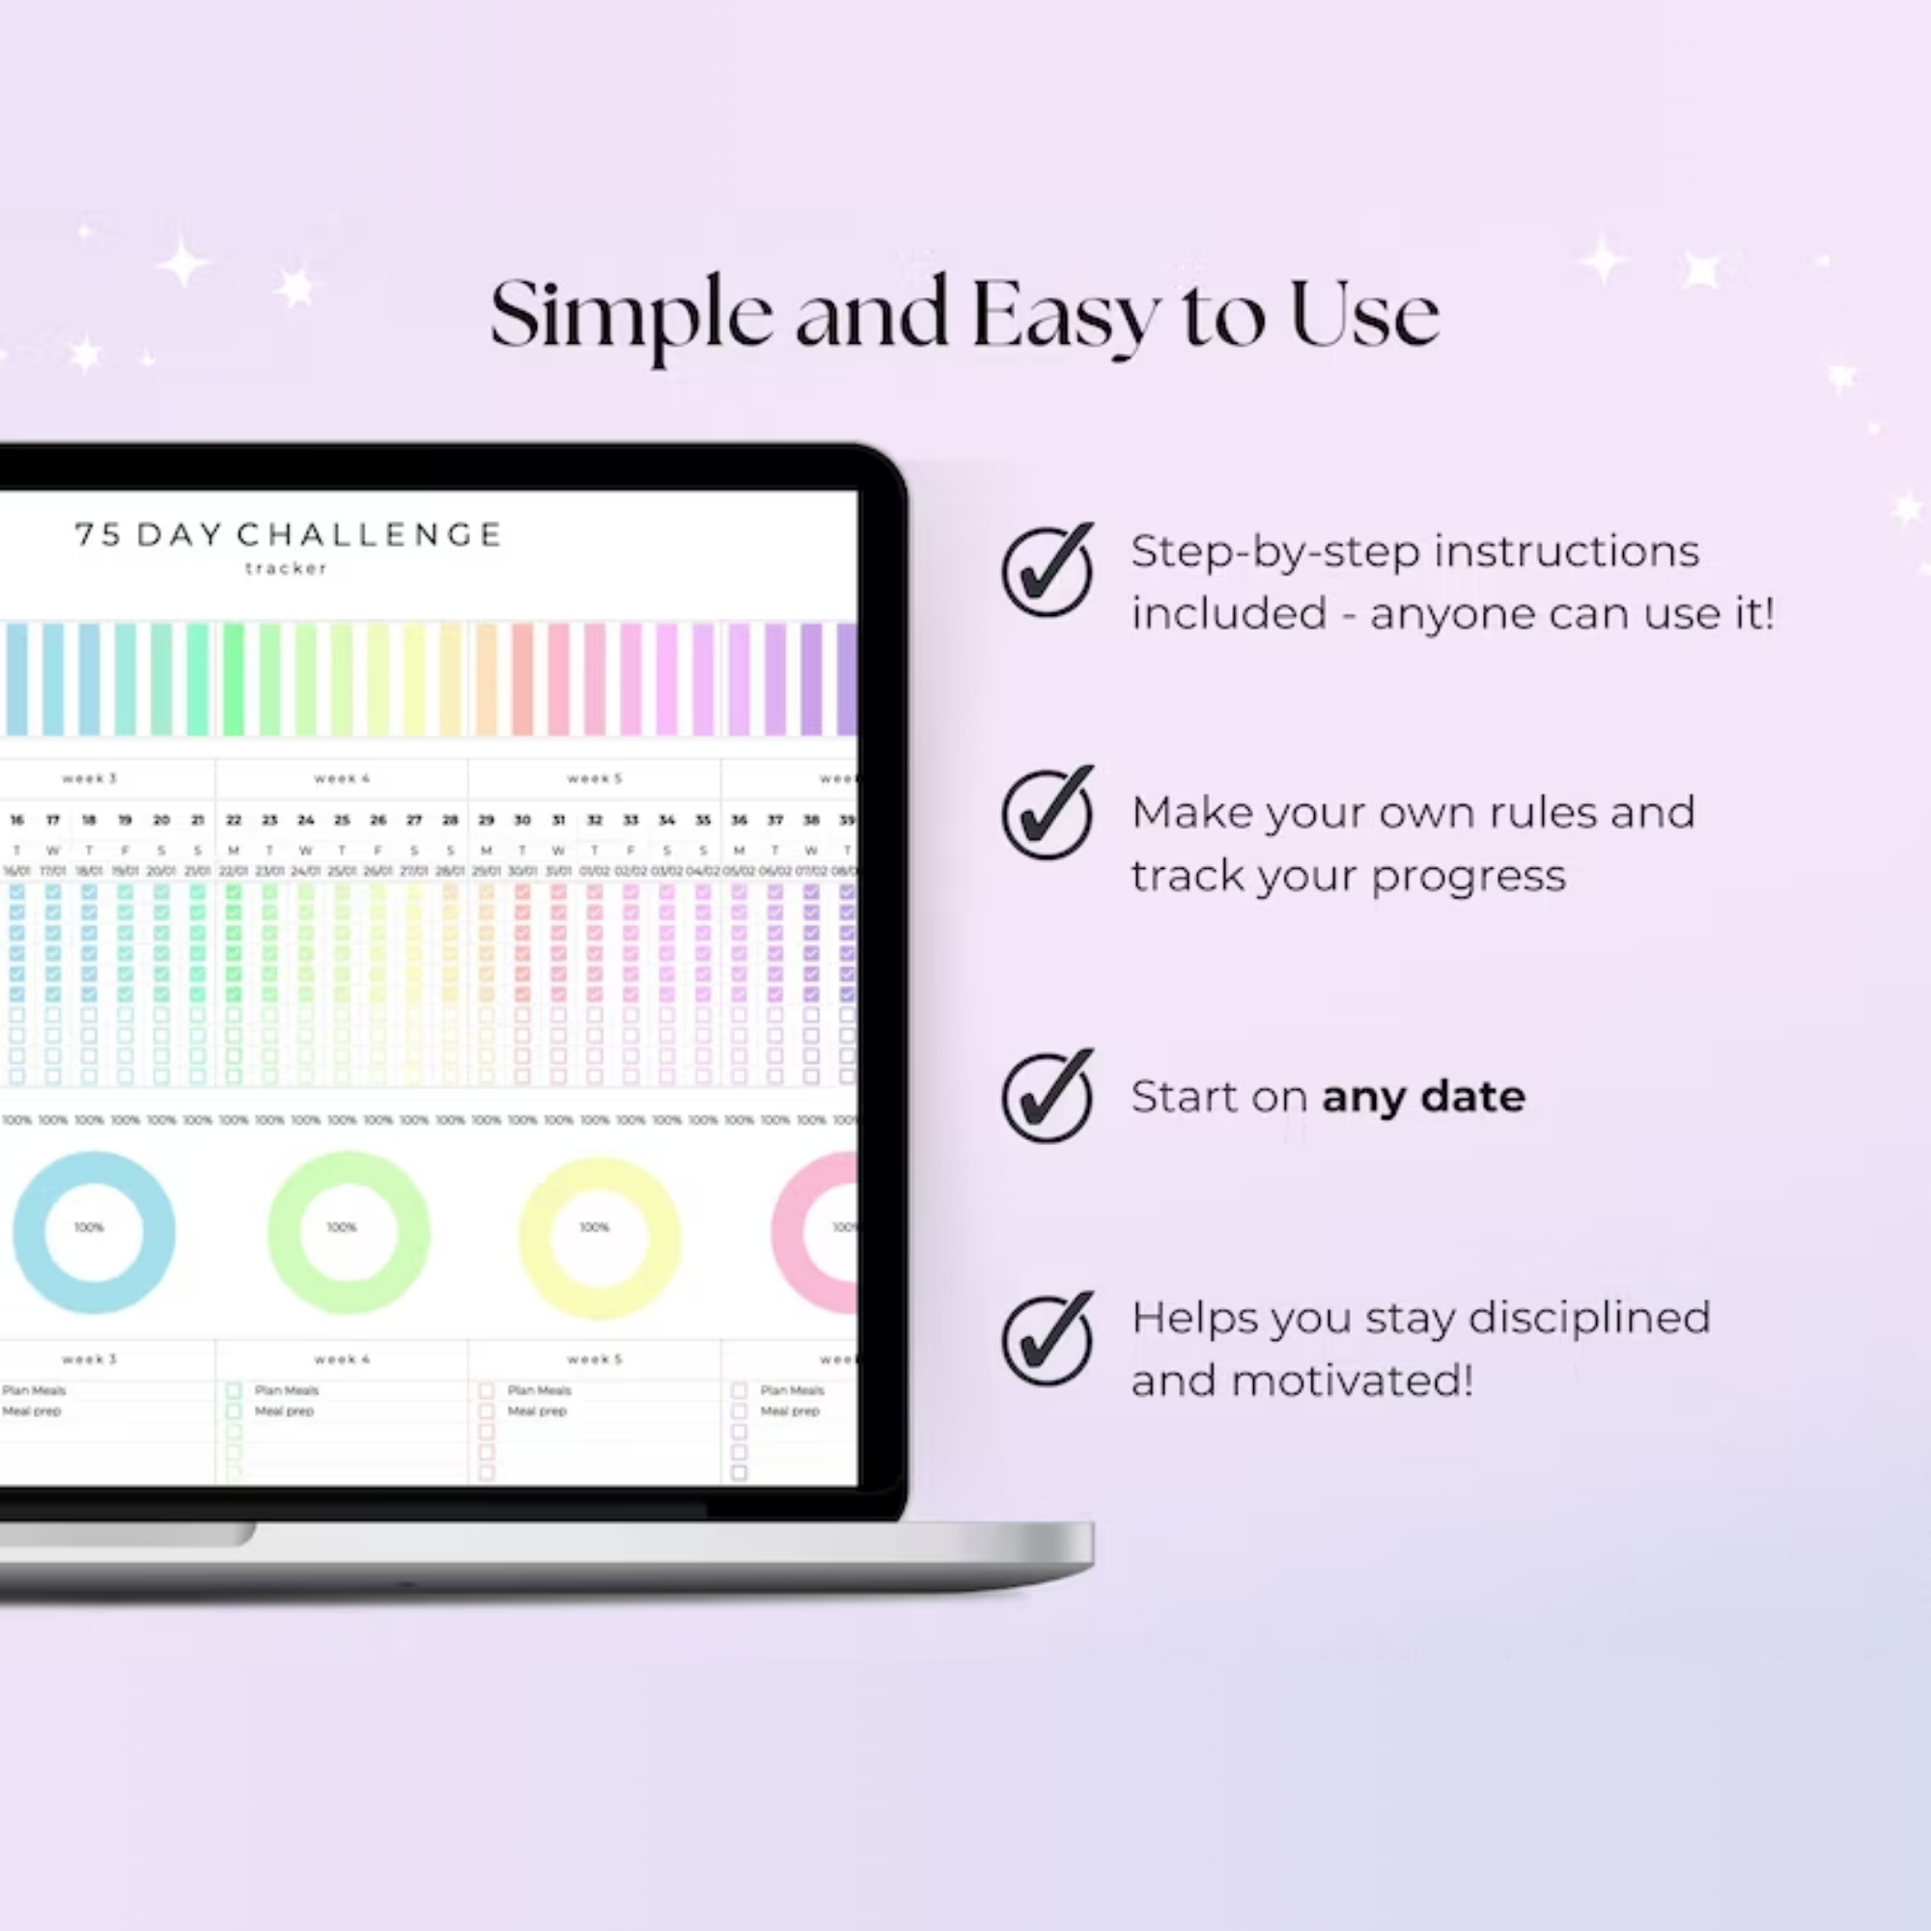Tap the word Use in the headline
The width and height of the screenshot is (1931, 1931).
click(x=1363, y=316)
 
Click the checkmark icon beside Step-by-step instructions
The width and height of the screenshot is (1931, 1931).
click(x=1047, y=572)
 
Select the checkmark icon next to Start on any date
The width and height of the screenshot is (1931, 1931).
click(x=1047, y=1097)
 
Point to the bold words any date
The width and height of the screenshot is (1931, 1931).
click(x=1422, y=1097)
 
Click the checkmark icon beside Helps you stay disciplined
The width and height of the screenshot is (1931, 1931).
click(x=1047, y=1340)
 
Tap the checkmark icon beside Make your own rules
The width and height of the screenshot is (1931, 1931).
click(x=1047, y=815)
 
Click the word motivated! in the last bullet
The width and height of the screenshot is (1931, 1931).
click(x=1353, y=1381)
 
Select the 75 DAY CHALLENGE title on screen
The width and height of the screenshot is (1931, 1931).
click(x=288, y=535)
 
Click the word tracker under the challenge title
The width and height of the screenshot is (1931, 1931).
click(x=287, y=569)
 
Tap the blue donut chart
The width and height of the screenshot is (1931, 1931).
click(x=94, y=1231)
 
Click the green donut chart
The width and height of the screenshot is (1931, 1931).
click(x=348, y=1231)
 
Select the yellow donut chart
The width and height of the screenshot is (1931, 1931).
click(x=600, y=1238)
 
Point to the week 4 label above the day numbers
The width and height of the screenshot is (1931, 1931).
click(x=342, y=777)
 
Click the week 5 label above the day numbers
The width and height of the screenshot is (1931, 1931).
click(x=595, y=777)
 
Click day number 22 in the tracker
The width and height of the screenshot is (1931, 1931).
click(x=233, y=820)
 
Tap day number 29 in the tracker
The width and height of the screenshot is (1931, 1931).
click(x=486, y=820)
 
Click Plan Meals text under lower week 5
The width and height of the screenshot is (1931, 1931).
click(x=539, y=1390)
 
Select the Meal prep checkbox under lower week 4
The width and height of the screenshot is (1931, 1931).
click(x=234, y=1412)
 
